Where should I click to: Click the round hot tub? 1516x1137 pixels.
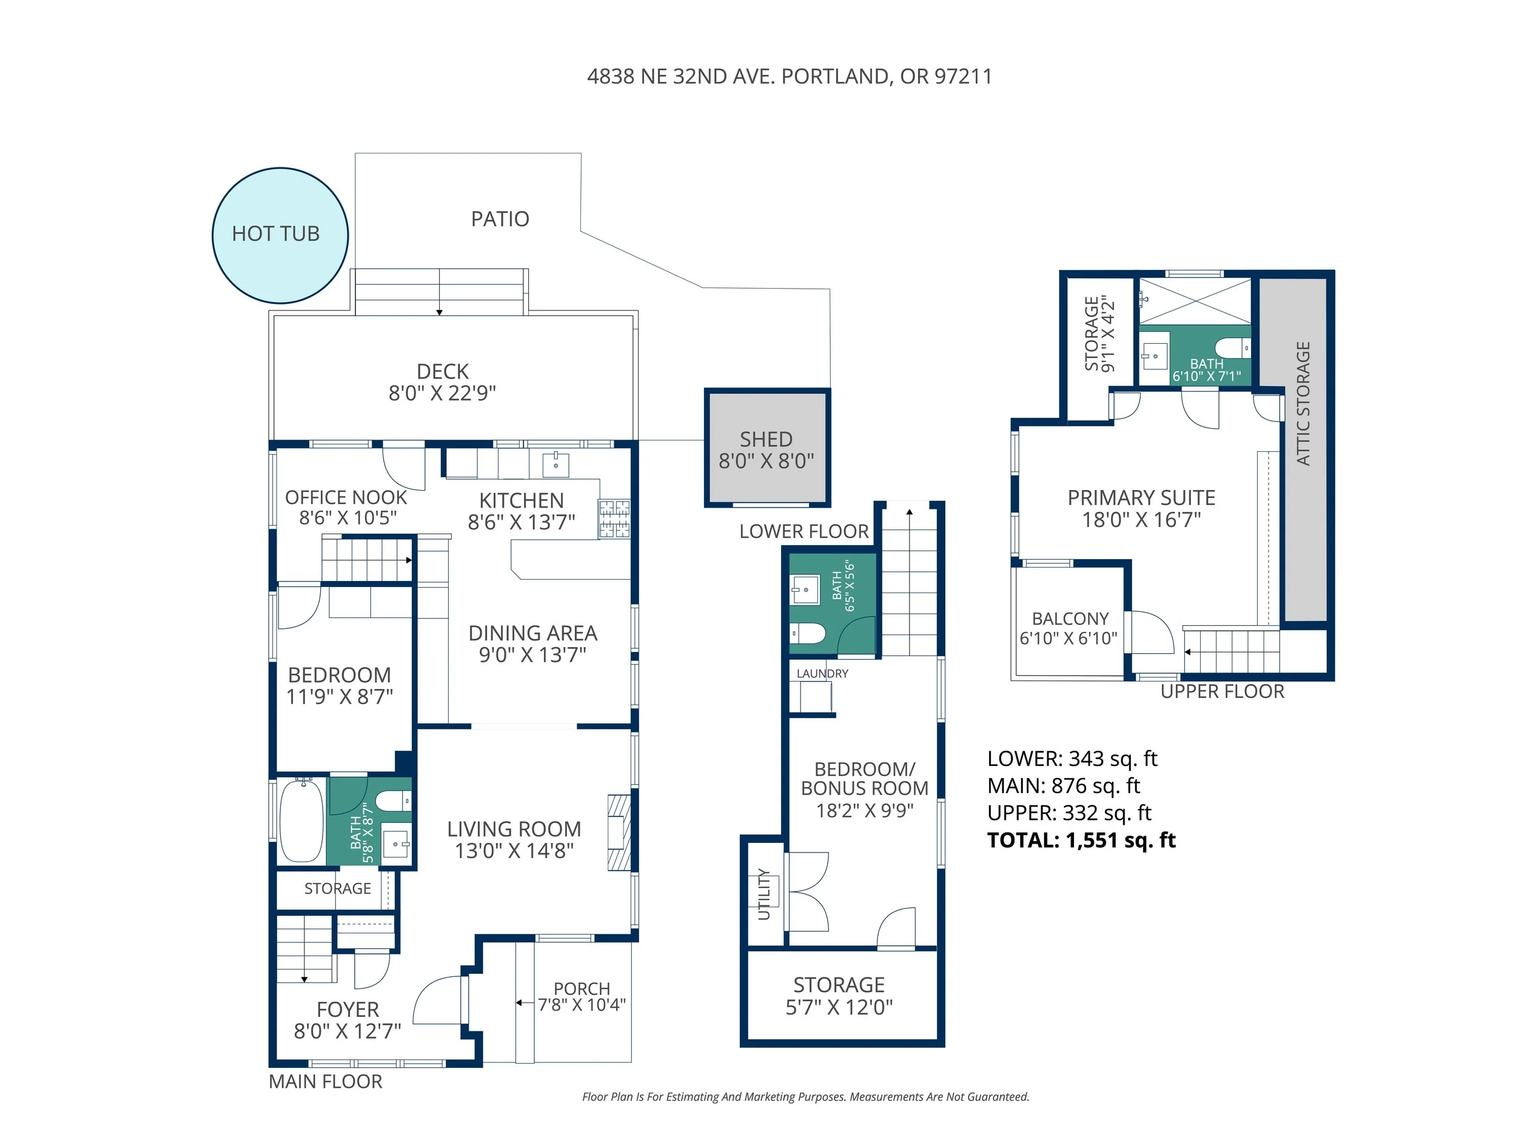[280, 235]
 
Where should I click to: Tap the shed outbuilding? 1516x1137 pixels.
[767, 448]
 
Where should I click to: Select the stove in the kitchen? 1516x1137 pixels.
[614, 519]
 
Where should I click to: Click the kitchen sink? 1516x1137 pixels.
[555, 464]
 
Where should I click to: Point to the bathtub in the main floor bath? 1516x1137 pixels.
[301, 820]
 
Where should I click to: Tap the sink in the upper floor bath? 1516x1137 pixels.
[1155, 356]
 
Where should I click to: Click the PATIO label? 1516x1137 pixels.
[500, 219]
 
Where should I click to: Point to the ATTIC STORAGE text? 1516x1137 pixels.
[1303, 404]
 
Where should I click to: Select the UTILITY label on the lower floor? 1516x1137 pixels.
[764, 894]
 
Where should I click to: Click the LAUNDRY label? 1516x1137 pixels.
[822, 674]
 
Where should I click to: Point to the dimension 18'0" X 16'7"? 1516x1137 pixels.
[1142, 520]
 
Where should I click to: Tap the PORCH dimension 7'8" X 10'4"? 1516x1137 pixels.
[582, 1005]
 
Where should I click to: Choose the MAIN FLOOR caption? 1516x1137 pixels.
[326, 1081]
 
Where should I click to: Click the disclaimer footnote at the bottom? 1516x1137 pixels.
[806, 1096]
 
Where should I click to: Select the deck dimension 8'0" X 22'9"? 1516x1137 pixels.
[443, 393]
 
